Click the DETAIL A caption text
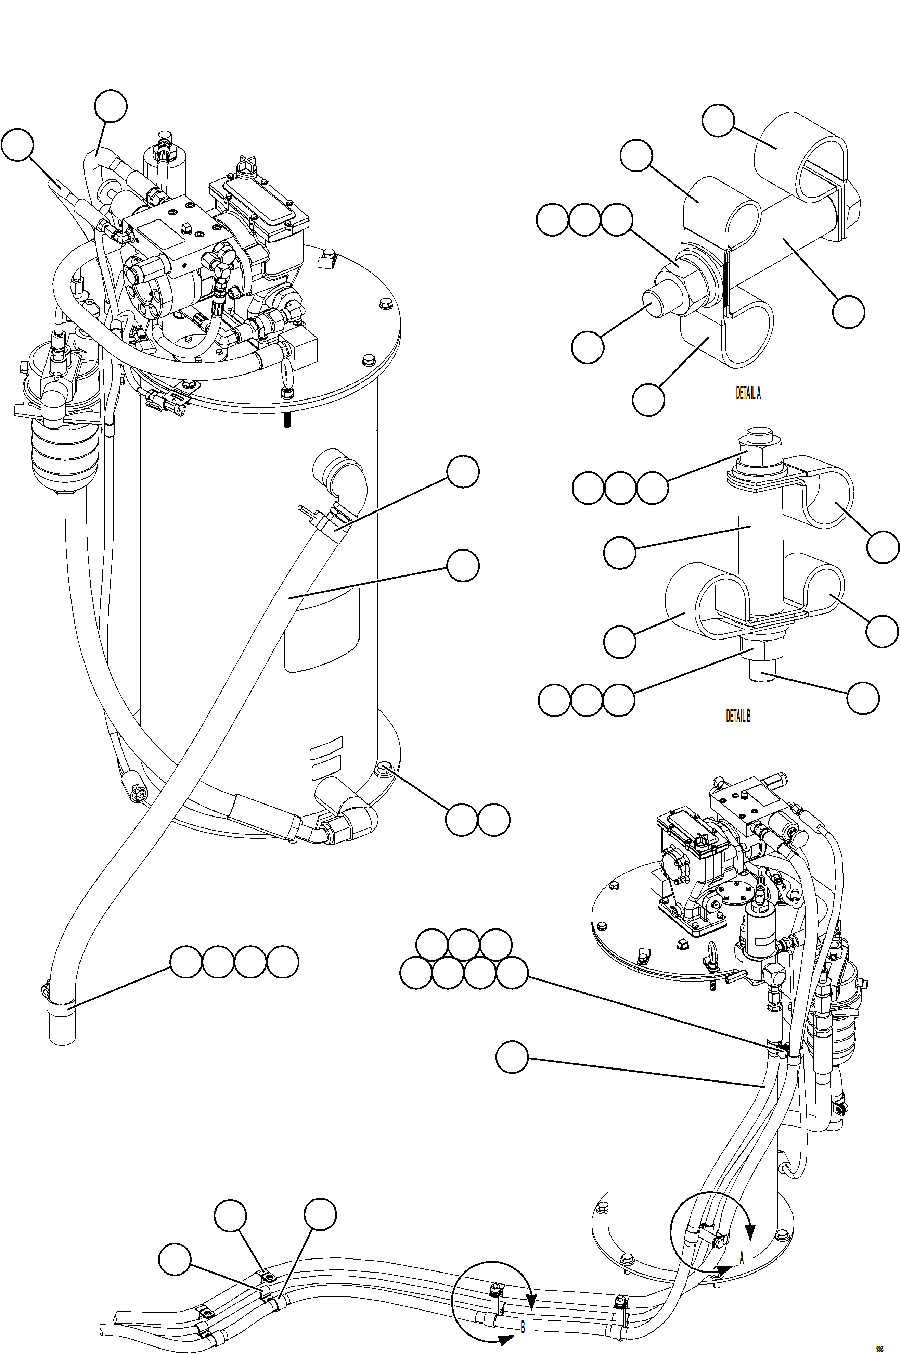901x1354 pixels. [748, 393]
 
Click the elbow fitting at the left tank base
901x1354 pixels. [352, 817]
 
